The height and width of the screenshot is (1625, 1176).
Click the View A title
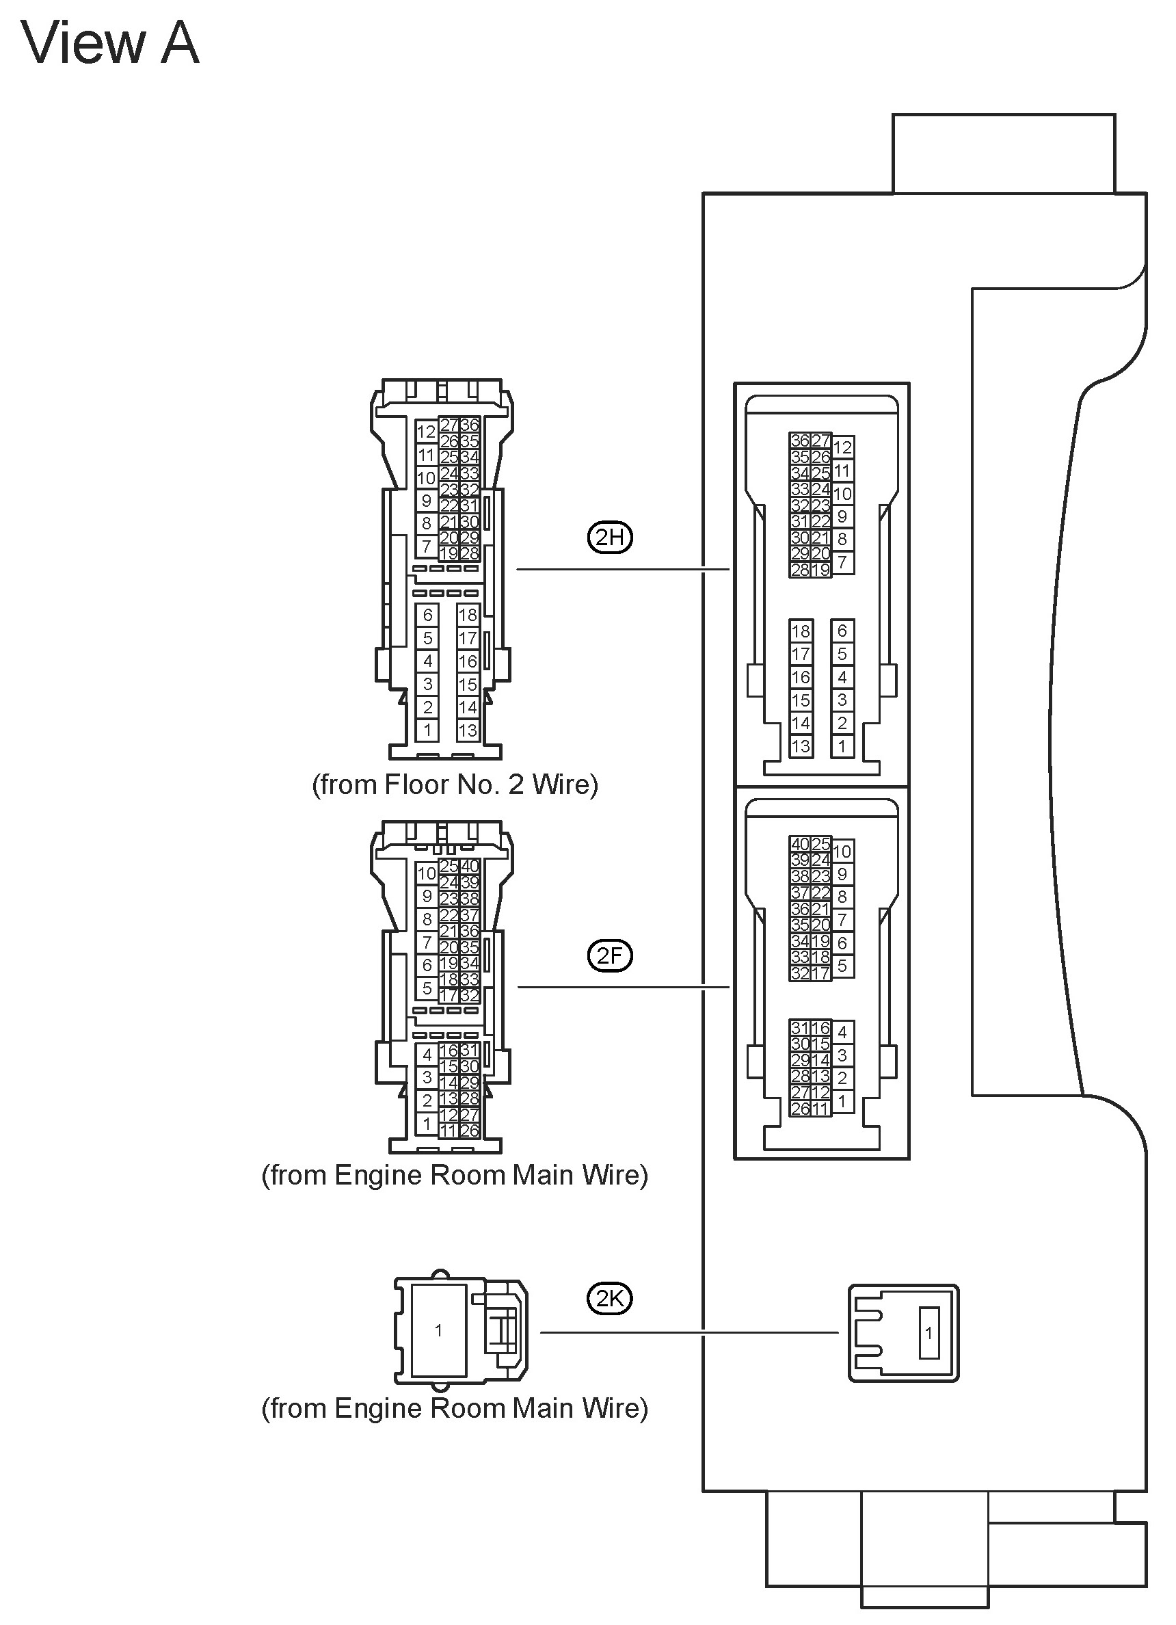coord(109,43)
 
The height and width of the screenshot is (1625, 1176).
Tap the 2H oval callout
coord(609,537)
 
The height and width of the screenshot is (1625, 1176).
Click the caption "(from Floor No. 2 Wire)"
coord(455,784)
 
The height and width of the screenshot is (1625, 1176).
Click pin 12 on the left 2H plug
coord(426,432)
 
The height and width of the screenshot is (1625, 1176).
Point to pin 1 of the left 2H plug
coord(427,730)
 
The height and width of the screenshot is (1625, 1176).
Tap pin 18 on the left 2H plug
coord(468,615)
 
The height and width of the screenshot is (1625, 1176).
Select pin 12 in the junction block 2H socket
coord(842,447)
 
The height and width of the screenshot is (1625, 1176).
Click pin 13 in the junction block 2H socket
coord(801,746)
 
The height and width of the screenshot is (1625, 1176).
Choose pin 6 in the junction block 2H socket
coord(842,631)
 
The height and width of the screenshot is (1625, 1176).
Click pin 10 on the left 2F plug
coord(426,873)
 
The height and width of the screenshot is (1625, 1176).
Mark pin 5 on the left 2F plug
coord(427,988)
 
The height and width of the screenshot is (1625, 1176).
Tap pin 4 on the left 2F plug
coord(427,1054)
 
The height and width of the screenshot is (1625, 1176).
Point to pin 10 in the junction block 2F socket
coord(842,851)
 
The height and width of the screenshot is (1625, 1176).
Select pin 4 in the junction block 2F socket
coord(842,1032)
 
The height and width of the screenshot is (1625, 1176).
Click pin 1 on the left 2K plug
coord(438,1330)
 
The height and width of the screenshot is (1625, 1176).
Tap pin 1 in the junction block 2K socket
coord(929,1333)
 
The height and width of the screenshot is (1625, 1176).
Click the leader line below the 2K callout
coord(688,1333)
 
